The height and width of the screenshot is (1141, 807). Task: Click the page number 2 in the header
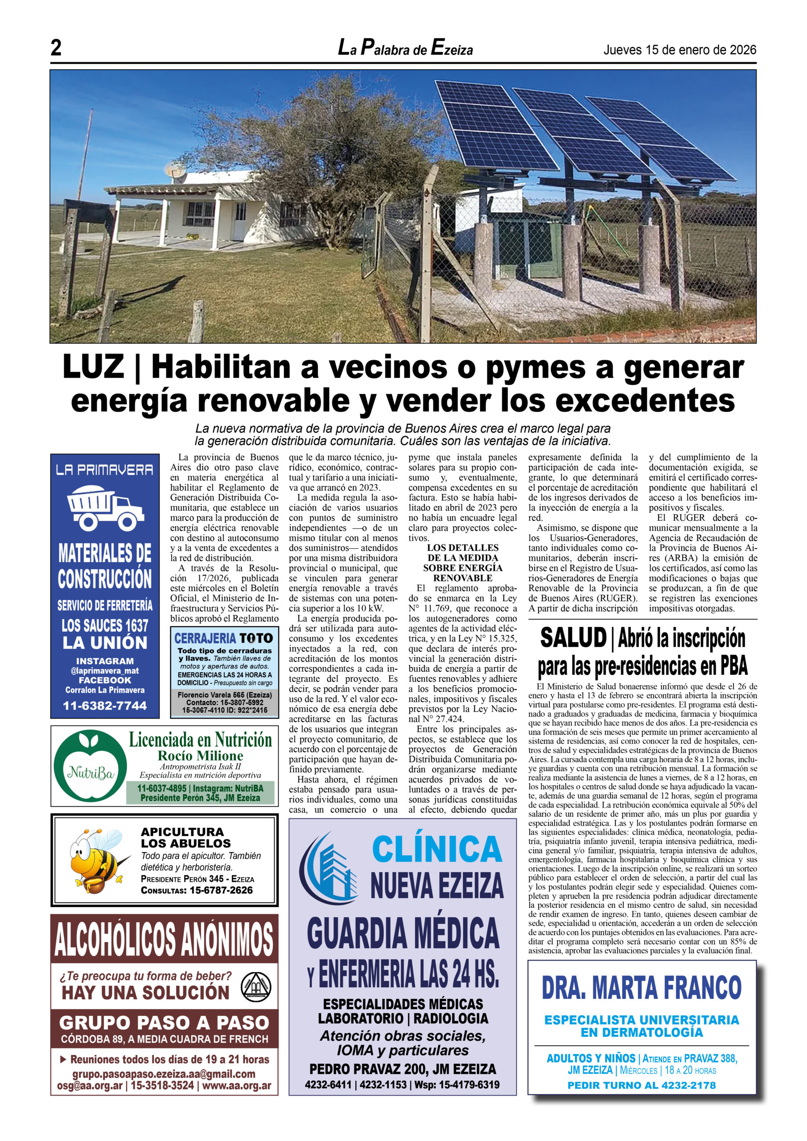point(56,48)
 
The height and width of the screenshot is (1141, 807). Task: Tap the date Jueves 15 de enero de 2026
point(680,49)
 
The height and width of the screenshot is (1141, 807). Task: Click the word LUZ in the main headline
point(94,367)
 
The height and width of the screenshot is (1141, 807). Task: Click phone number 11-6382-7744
point(105,706)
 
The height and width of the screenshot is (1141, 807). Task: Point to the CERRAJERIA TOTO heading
point(224,638)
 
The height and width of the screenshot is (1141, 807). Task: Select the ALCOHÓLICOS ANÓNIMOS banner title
point(164,939)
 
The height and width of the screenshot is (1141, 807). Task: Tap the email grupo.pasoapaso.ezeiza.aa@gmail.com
point(164,1074)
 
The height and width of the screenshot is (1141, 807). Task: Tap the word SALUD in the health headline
point(573,639)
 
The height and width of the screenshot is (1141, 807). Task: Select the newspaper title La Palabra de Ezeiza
point(405,49)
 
